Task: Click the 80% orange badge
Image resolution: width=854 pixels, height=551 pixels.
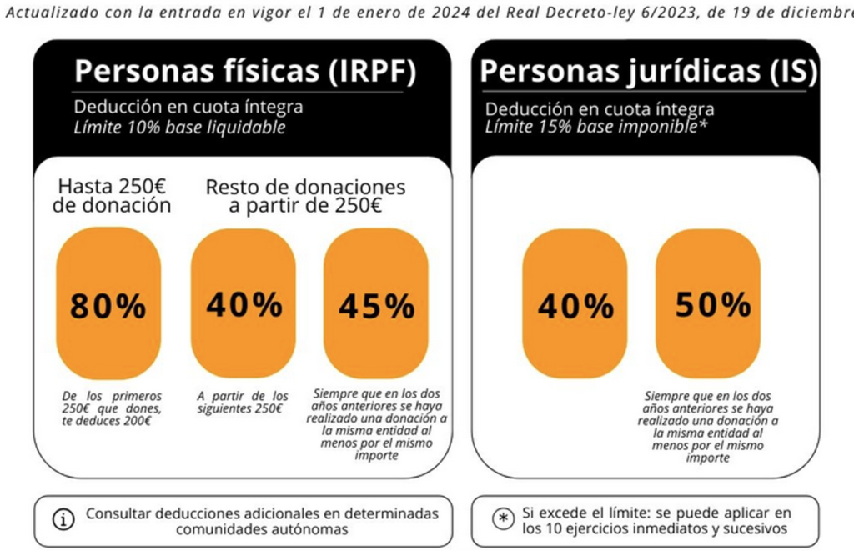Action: (x=108, y=303)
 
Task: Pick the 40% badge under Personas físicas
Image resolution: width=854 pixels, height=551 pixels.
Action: (x=243, y=303)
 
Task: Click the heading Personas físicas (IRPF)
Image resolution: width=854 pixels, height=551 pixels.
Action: (x=244, y=71)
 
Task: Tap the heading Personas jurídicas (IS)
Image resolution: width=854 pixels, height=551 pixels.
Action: (x=648, y=71)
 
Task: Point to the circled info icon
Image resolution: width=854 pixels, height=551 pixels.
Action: (x=63, y=518)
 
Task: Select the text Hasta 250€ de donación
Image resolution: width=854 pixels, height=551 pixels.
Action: (x=111, y=196)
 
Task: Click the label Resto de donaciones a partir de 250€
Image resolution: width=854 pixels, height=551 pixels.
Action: (x=305, y=196)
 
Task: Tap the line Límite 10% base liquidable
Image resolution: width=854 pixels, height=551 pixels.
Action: (x=179, y=128)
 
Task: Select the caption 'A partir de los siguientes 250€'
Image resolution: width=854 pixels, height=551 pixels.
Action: (x=243, y=402)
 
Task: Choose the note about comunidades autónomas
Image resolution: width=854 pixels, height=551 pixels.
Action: (x=255, y=521)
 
